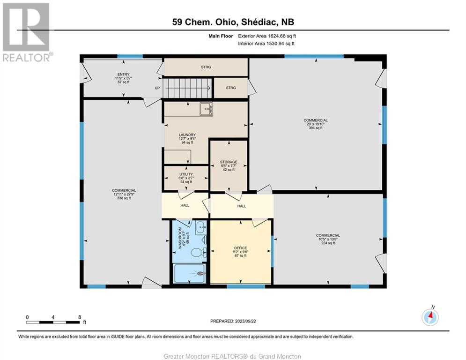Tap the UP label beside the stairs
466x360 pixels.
[x=157, y=88]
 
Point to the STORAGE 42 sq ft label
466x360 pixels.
[x=229, y=166]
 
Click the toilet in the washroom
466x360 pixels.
[x=198, y=253]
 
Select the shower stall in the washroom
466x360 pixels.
[x=189, y=273]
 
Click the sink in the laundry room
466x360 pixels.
[x=206, y=109]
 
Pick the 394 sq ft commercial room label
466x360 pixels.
[x=316, y=124]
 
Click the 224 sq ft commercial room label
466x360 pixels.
[x=328, y=239]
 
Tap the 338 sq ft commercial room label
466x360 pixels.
[x=124, y=194]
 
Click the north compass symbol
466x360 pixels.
[x=430, y=316]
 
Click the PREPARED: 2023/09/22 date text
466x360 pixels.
[x=233, y=321]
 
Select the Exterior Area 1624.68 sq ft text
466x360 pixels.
[x=267, y=36]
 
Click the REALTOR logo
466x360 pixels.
[x=26, y=32]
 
